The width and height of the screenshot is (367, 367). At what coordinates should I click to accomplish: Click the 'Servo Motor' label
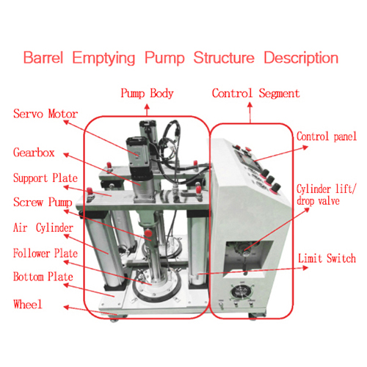point(46,114)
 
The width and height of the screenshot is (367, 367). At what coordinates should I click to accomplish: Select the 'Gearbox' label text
point(34,153)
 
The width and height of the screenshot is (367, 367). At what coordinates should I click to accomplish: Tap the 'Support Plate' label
point(46,178)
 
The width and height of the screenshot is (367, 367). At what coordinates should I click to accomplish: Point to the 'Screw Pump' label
point(43,203)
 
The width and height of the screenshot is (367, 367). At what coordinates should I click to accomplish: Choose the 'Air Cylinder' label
point(43,228)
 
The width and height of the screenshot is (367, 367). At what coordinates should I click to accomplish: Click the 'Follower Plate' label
point(46,253)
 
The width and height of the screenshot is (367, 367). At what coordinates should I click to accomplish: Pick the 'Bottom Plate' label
point(43,277)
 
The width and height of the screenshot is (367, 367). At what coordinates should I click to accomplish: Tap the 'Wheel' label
point(28,305)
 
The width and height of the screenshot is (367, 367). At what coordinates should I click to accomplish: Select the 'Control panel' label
point(327,137)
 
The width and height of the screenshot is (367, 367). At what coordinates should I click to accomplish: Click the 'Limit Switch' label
point(327,258)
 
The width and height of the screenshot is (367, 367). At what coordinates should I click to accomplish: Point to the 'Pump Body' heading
point(147,93)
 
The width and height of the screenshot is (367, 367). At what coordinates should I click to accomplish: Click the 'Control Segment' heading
point(256,93)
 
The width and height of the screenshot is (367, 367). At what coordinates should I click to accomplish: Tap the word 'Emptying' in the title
point(103,58)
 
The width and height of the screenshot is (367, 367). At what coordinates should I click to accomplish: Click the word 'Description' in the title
point(301,58)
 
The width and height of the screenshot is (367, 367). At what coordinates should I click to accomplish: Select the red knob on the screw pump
point(148,233)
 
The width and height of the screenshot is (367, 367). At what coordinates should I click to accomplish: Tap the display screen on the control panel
point(247,160)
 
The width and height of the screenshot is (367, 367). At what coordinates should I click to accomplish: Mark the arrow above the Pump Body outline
point(147,109)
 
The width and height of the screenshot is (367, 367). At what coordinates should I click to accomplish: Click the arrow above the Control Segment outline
point(250,112)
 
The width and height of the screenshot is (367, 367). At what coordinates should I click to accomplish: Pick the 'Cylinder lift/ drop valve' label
point(327,195)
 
